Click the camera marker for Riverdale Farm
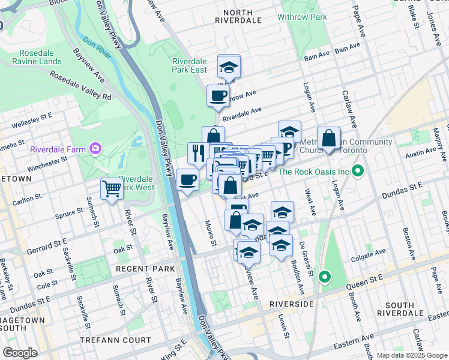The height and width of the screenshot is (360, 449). [95, 148]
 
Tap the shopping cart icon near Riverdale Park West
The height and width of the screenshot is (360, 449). [112, 189]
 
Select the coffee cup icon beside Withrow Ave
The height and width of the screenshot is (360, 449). [218, 95]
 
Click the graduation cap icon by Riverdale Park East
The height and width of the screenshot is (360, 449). [228, 66]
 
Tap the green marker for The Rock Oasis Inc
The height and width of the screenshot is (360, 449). [358, 172]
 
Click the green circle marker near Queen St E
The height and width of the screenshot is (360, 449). [325, 277]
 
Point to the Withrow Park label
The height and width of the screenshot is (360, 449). [307, 17]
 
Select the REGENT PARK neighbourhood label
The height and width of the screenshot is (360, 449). [145, 269]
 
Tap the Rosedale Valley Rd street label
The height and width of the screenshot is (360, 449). [81, 86]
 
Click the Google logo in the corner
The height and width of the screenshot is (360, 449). [20, 353]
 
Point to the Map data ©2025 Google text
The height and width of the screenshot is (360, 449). [412, 355]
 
